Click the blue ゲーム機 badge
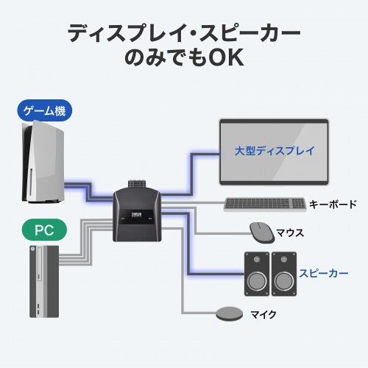coord(46,112)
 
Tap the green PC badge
coord(45,230)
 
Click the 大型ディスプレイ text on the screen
coord(275,151)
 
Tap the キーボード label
coord(333,205)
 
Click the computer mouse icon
coord(261,232)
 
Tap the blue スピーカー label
coord(323,273)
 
